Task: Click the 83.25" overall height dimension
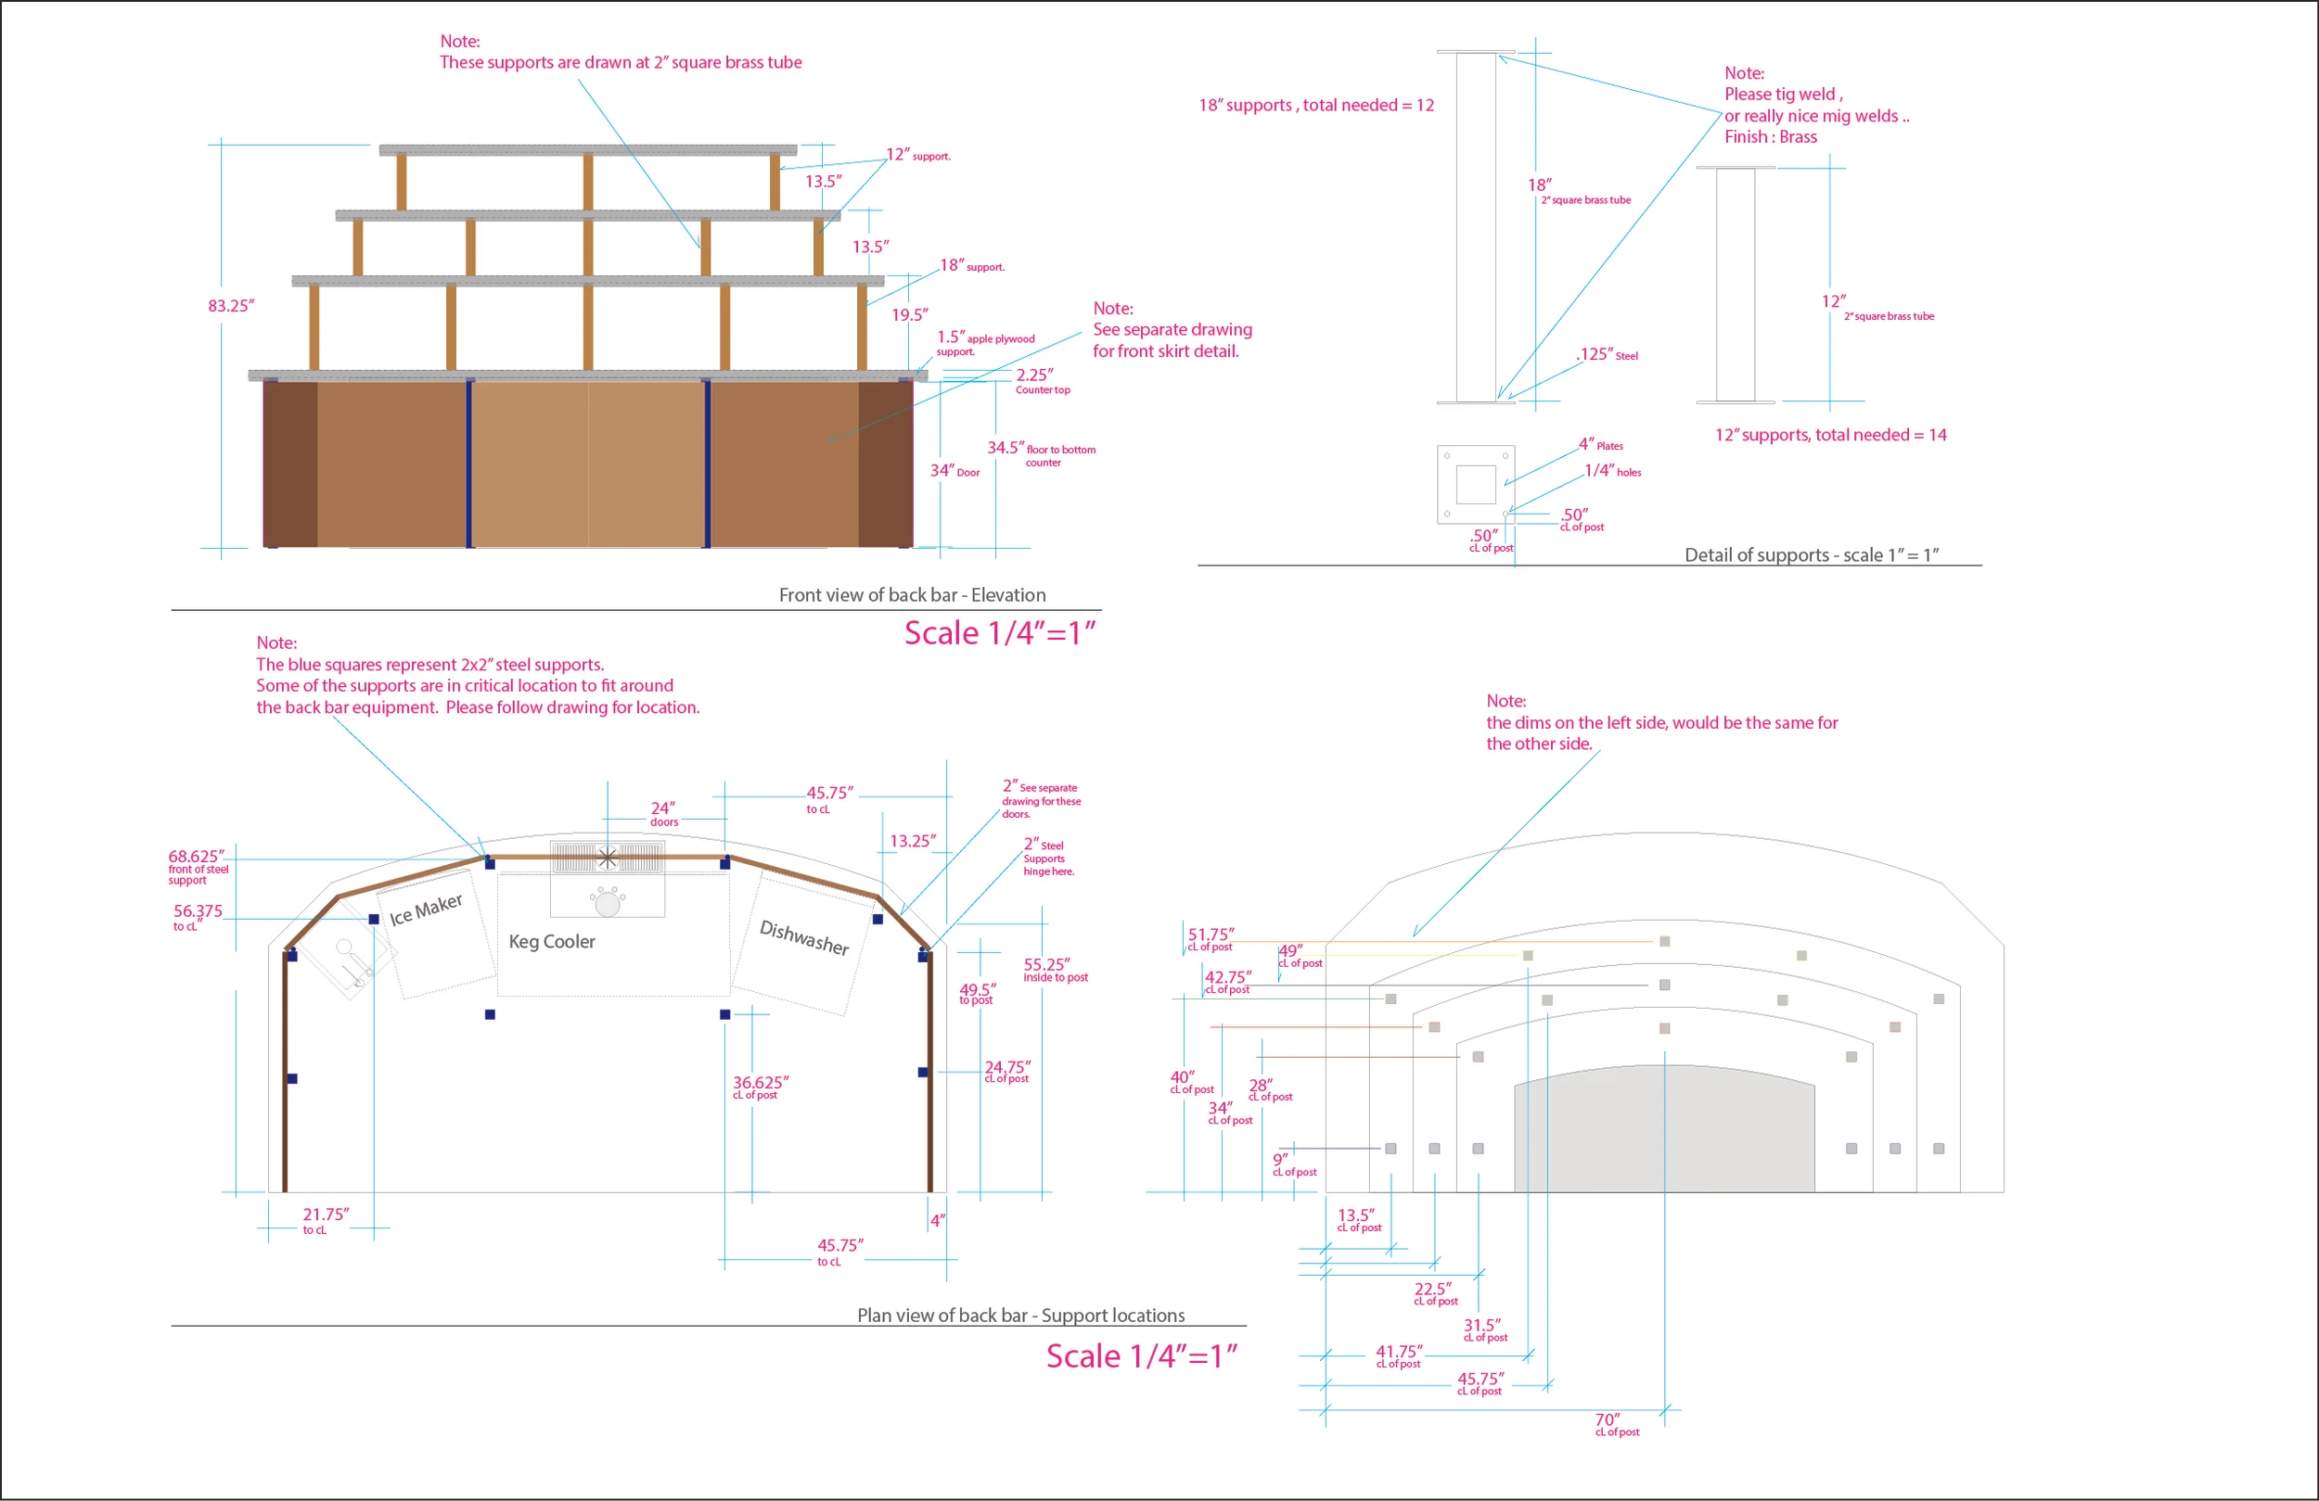click(231, 306)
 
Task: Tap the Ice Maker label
click(426, 910)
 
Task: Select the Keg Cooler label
click(552, 942)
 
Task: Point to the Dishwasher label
click(804, 937)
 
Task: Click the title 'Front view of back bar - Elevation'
click(912, 595)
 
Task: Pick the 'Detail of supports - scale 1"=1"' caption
click(1812, 555)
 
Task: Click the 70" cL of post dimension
click(1617, 1425)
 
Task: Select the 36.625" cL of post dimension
click(761, 1087)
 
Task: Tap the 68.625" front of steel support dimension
click(198, 867)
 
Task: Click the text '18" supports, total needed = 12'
click(1316, 105)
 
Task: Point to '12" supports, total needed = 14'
click(1831, 436)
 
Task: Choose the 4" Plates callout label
click(1601, 445)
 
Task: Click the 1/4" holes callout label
click(1612, 470)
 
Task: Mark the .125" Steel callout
click(1608, 354)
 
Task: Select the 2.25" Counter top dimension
click(1043, 381)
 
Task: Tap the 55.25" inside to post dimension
click(1056, 970)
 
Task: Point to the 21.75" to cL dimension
click(326, 1220)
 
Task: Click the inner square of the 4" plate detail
click(1476, 485)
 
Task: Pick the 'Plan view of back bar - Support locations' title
click(1021, 1316)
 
